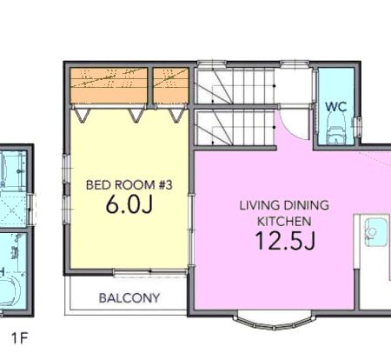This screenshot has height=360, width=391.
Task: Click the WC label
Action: tap(335, 107)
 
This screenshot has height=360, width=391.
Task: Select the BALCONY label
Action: tap(129, 298)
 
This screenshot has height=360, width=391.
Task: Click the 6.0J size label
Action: tap(129, 205)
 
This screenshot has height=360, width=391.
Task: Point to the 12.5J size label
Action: tap(285, 241)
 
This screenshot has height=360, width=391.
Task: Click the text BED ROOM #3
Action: tap(129, 185)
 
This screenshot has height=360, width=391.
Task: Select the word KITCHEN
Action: tap(284, 222)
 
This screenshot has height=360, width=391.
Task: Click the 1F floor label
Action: tap(19, 338)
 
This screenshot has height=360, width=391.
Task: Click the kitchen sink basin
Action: tap(375, 232)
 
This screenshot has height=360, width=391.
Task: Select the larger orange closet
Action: tap(109, 86)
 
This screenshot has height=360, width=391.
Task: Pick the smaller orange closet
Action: tap(170, 86)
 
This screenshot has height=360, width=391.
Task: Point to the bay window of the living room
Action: tap(274, 322)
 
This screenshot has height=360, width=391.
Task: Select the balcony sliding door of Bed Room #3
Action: tap(150, 272)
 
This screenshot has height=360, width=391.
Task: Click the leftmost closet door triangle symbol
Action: tap(83, 115)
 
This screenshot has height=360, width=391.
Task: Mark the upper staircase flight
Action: tap(234, 86)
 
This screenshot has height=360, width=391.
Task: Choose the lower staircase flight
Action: tap(234, 127)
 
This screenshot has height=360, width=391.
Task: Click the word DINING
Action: tap(306, 205)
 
